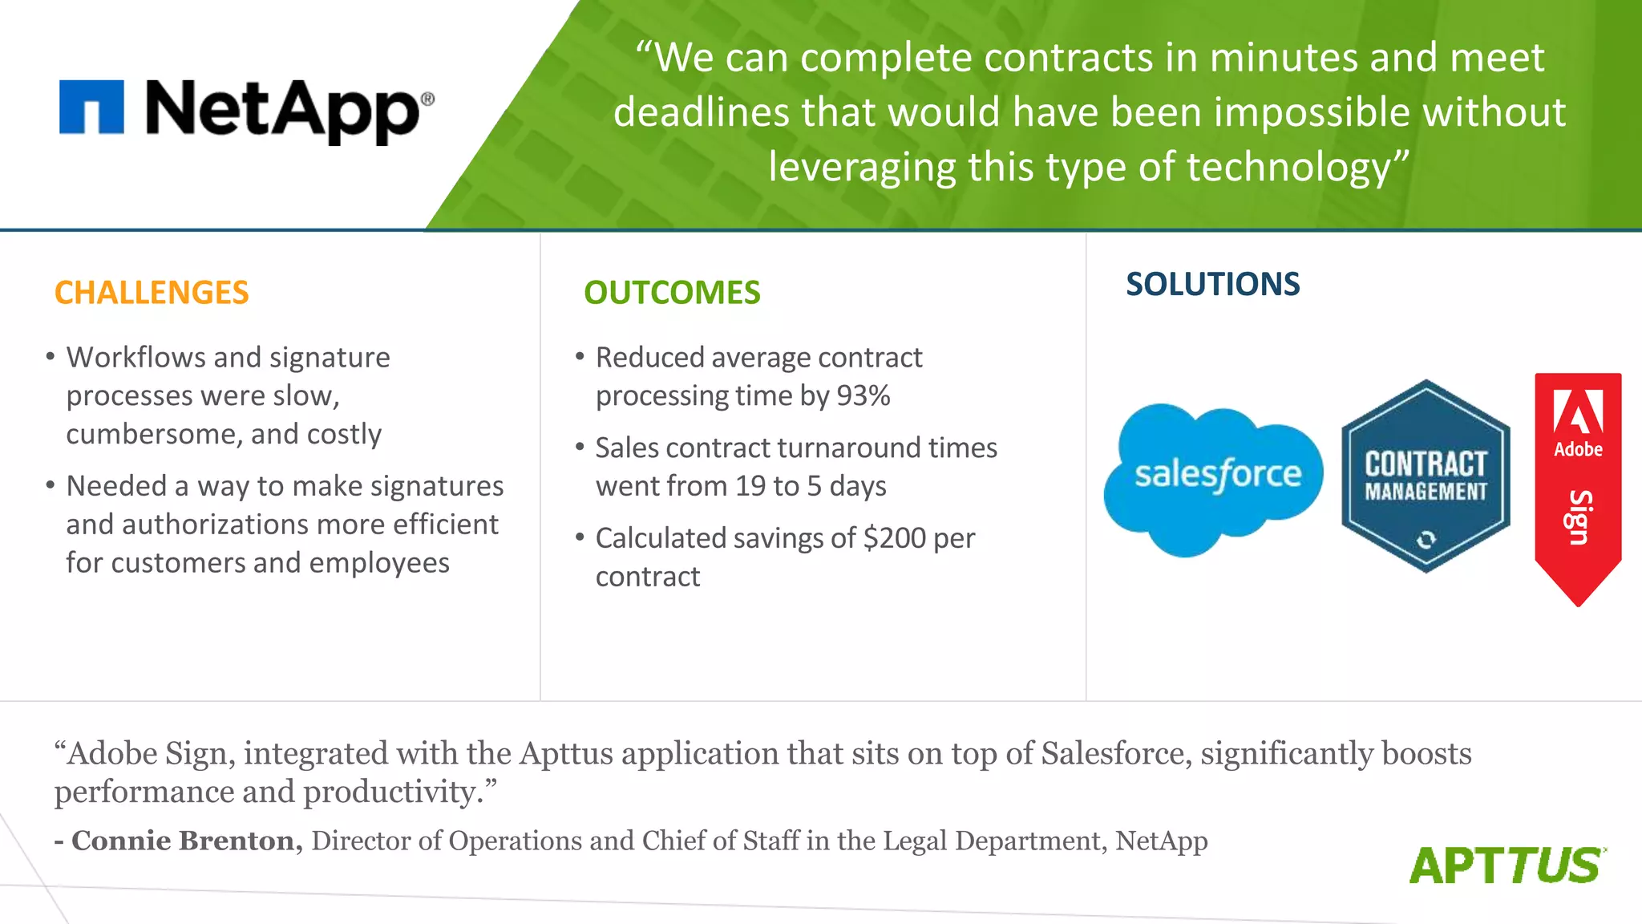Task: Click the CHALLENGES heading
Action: click(x=152, y=293)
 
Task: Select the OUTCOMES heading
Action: click(x=672, y=293)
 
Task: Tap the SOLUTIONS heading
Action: click(x=1212, y=284)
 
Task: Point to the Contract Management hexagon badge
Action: click(x=1426, y=476)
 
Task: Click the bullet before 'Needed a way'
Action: click(x=51, y=485)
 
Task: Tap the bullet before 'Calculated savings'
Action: click(x=580, y=537)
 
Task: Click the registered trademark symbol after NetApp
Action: click(x=427, y=99)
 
